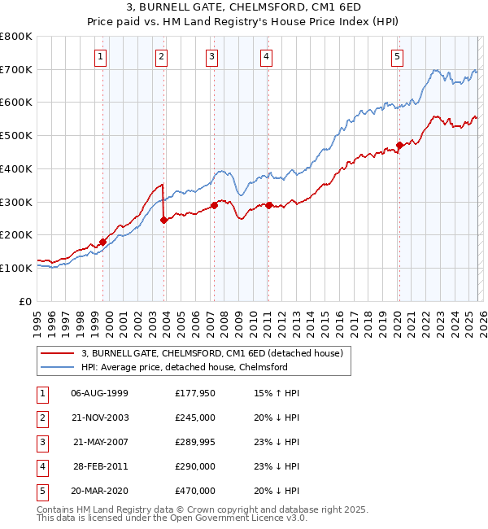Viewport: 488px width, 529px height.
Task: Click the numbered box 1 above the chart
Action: [x=99, y=56]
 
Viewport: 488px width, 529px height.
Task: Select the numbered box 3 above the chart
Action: [x=211, y=56]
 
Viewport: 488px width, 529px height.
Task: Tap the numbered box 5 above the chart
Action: [x=397, y=56]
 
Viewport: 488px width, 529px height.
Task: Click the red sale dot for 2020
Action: [x=399, y=146]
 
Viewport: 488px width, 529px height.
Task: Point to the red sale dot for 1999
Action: [x=103, y=242]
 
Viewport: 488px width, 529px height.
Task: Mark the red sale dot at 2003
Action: [x=164, y=220]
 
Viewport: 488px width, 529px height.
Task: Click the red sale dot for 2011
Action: [x=268, y=205]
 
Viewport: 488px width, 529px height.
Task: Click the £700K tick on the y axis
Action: [x=16, y=70]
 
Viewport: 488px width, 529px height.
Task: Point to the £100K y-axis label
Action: [x=16, y=268]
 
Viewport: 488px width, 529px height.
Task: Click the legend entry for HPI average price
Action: [x=184, y=367]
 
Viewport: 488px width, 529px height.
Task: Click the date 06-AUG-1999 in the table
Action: [x=99, y=393]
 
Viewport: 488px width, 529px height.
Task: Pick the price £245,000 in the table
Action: [x=194, y=418]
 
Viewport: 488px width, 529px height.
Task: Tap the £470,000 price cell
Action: [x=194, y=491]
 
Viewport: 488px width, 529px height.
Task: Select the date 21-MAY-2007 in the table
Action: [x=100, y=442]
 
